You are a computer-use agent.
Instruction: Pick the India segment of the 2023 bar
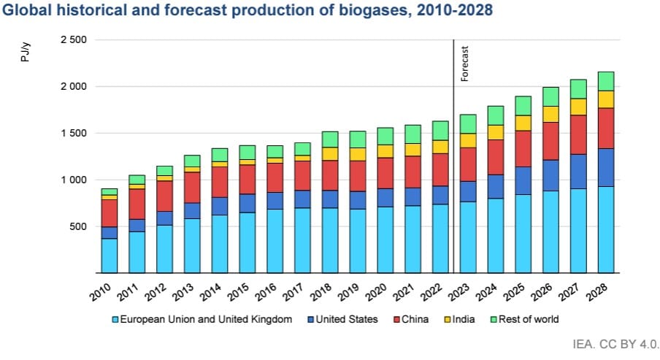(x=468, y=140)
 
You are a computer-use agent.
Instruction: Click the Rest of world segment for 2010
(x=109, y=191)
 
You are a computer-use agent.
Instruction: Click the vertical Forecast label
(x=464, y=63)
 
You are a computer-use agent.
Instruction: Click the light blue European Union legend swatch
(x=115, y=319)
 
